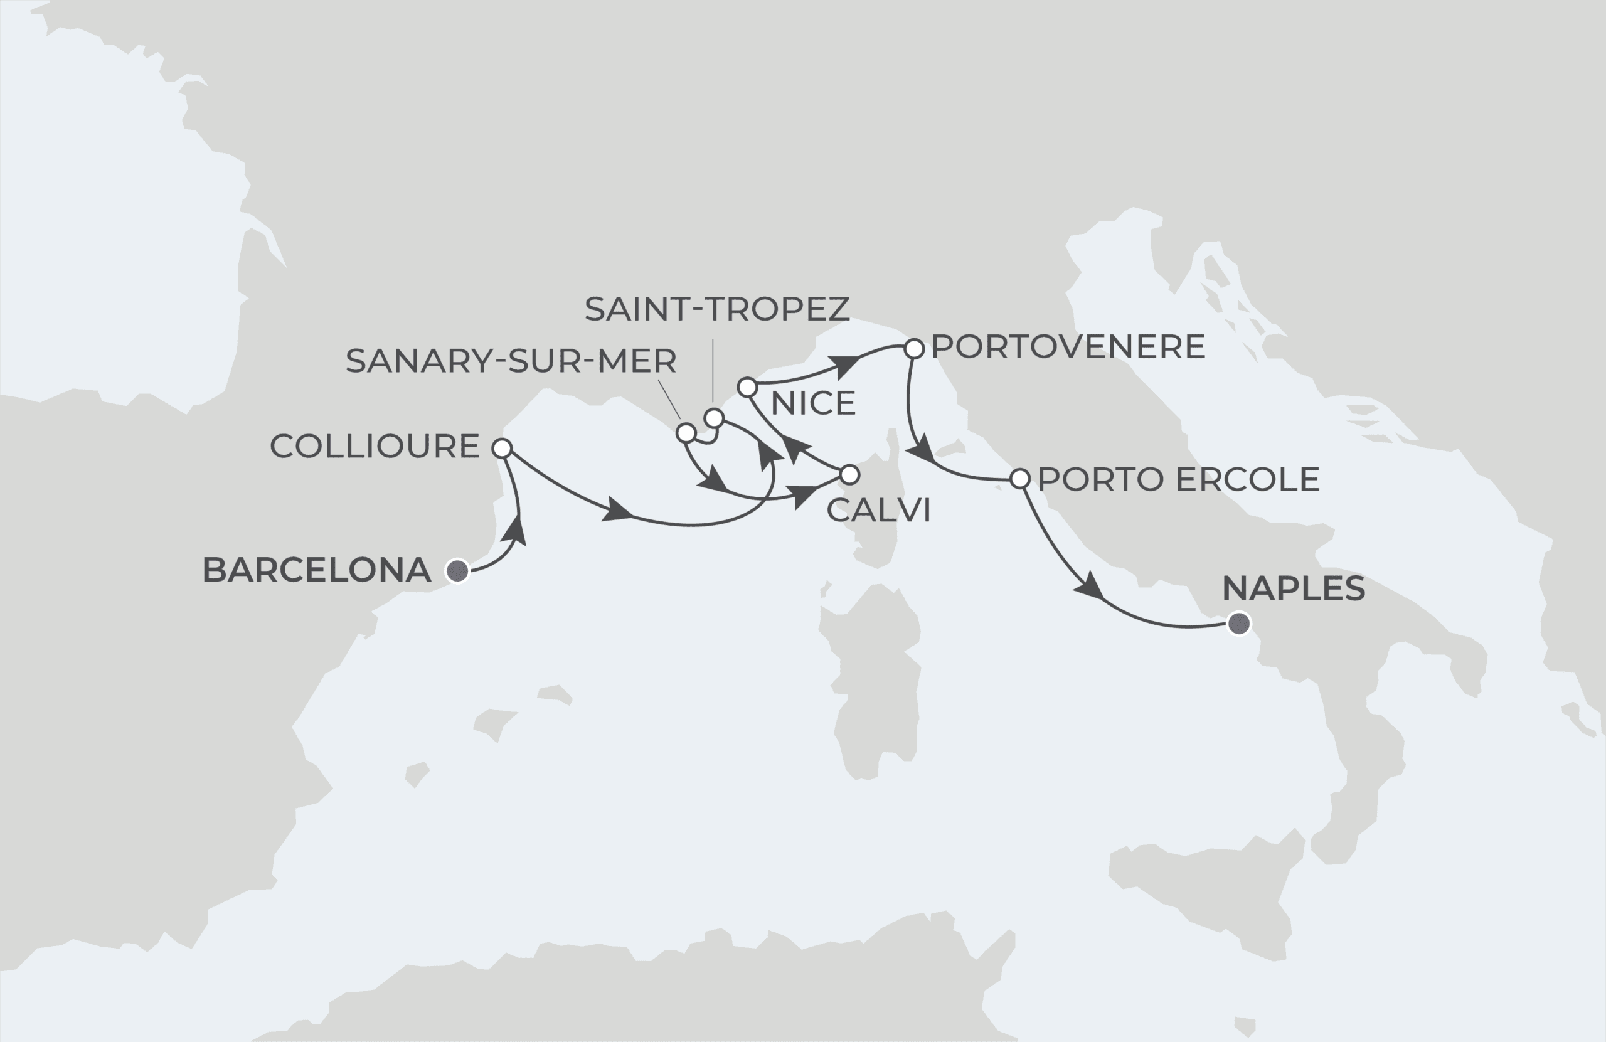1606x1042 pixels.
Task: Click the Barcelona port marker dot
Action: tap(457, 571)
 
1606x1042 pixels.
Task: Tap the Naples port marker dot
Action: tap(1239, 624)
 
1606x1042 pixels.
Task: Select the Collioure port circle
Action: tap(502, 448)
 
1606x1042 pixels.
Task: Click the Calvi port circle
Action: tap(849, 474)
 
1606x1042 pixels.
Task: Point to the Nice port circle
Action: tap(747, 387)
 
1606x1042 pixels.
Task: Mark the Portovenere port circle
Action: tap(913, 349)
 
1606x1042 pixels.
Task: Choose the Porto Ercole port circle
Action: tap(1019, 479)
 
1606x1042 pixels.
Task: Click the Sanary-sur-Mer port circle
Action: tap(686, 433)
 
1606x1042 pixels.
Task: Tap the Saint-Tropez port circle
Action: tap(714, 418)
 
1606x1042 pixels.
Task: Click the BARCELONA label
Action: tap(316, 570)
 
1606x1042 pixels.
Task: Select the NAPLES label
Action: tap(1294, 588)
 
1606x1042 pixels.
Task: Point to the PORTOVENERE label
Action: tap(1068, 347)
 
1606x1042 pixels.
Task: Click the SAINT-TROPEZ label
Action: tap(716, 309)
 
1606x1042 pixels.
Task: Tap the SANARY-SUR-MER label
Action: tap(511, 361)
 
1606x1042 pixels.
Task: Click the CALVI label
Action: tap(878, 510)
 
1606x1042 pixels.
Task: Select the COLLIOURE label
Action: tap(375, 446)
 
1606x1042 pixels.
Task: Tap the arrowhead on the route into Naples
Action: tap(1088, 586)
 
